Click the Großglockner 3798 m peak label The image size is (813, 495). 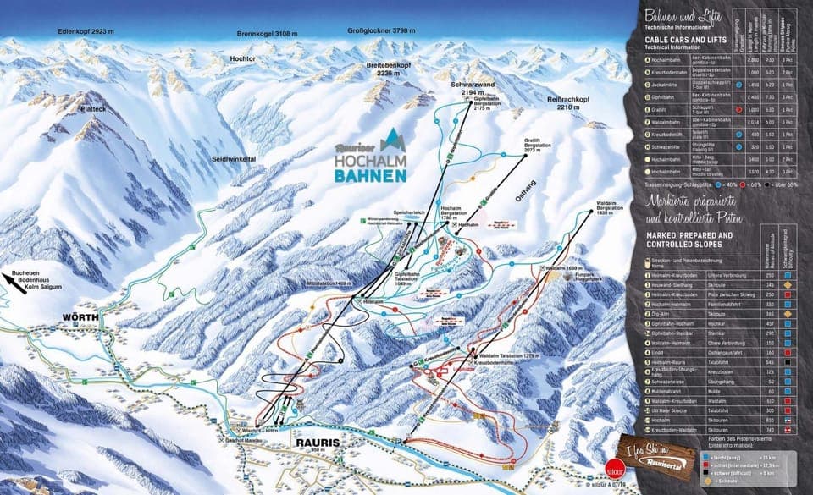coord(382,31)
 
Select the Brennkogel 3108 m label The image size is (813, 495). coord(270,34)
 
